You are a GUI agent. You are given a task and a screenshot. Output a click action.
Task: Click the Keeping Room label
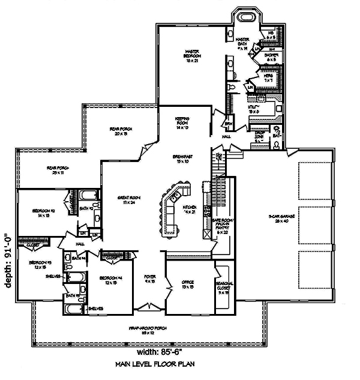182,122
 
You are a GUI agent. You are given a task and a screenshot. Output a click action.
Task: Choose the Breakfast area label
182,158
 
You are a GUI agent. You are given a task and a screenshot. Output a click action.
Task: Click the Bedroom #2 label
44,213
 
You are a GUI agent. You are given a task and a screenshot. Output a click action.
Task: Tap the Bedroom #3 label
40,265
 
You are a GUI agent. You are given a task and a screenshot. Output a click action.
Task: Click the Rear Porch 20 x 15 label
121,131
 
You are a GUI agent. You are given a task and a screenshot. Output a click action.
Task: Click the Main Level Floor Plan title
155,364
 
